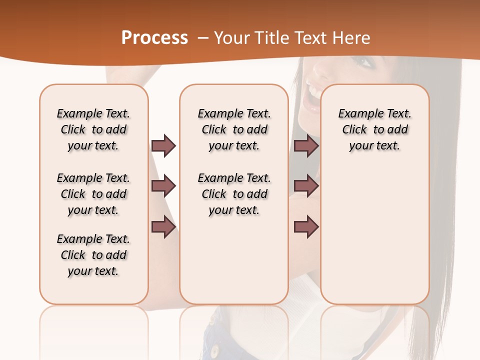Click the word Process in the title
(154, 38)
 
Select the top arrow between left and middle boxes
(163, 145)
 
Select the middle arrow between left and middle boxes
(163, 186)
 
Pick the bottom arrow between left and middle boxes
(163, 227)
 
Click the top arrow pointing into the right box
(306, 145)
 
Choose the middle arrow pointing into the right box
(306, 186)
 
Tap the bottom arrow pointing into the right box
(306, 227)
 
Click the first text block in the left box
(93, 129)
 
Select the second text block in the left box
(93, 194)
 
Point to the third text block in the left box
(93, 255)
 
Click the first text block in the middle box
(234, 129)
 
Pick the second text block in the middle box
(234, 194)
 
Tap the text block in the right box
(374, 129)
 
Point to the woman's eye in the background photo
(364, 63)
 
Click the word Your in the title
(230, 38)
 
